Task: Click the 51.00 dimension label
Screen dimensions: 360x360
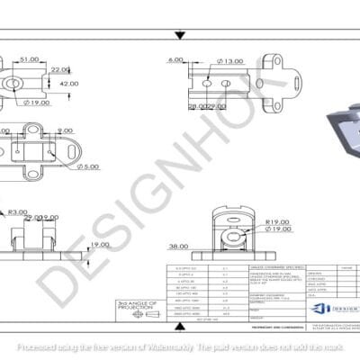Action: pos(29,59)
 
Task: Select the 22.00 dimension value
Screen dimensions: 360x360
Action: pos(60,69)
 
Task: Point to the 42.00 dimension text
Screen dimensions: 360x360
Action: pos(67,83)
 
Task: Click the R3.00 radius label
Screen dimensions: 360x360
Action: pos(16,212)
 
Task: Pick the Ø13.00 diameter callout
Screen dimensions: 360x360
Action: pos(230,61)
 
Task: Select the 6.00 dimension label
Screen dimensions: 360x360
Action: pos(175,61)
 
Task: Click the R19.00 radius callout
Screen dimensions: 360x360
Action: pos(277,220)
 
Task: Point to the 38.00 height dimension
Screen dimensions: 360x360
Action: pos(176,244)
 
